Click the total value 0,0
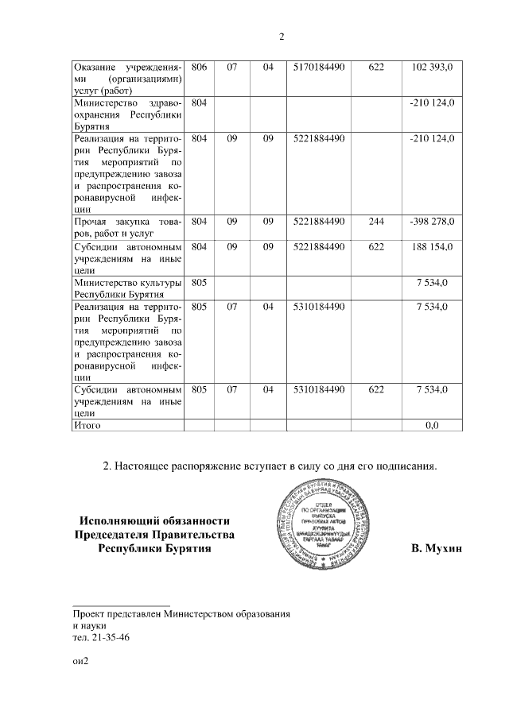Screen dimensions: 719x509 432,426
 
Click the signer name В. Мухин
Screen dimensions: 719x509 437,548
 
